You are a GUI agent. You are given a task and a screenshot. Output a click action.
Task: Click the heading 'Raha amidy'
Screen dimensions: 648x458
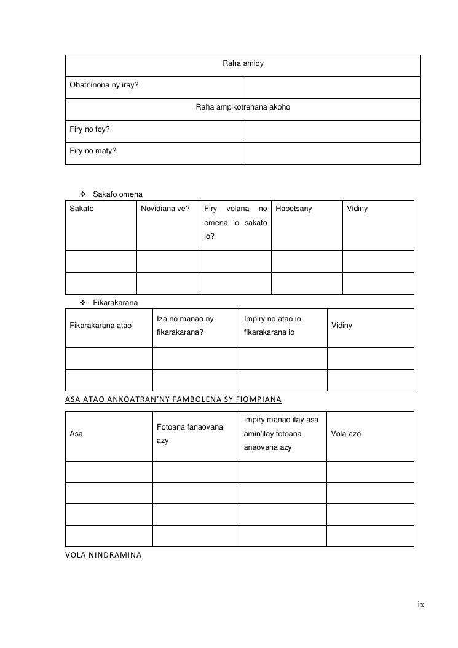243,63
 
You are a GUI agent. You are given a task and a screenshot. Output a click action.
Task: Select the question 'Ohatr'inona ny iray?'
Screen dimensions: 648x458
104,85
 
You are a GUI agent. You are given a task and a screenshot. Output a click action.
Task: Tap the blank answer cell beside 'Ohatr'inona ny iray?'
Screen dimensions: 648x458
331,87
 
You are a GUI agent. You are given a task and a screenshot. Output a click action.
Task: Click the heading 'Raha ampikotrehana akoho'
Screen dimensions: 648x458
243,107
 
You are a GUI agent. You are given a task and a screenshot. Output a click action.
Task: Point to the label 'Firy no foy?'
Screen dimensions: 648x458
90,129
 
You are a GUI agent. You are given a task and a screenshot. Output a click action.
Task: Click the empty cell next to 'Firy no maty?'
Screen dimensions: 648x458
331,153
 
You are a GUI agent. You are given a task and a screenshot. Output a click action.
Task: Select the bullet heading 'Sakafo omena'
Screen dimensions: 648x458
117,194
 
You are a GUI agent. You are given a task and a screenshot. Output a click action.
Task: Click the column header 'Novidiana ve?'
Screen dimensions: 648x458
165,209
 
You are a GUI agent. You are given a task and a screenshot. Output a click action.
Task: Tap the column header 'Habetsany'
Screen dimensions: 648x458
294,209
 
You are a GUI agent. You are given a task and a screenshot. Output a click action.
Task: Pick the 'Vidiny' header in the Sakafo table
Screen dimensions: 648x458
357,209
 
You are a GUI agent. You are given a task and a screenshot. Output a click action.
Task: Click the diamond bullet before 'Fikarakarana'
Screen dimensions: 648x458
83,303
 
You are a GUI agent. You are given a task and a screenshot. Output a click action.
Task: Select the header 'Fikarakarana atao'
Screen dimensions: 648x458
101,325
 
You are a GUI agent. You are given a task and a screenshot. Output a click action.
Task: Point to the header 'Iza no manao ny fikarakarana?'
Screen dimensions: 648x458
185,326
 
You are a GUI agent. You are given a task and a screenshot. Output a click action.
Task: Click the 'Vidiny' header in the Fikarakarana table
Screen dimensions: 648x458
342,325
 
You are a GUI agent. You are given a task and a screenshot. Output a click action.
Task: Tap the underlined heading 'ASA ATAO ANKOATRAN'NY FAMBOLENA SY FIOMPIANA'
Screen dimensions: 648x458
173,399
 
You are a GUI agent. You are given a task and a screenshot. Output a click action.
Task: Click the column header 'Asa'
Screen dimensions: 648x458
76,434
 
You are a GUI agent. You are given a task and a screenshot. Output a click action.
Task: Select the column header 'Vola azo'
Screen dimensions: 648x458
346,434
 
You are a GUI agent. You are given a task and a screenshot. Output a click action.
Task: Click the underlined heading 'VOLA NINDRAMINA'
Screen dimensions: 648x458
103,555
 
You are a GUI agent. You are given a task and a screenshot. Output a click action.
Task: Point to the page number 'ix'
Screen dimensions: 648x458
421,605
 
